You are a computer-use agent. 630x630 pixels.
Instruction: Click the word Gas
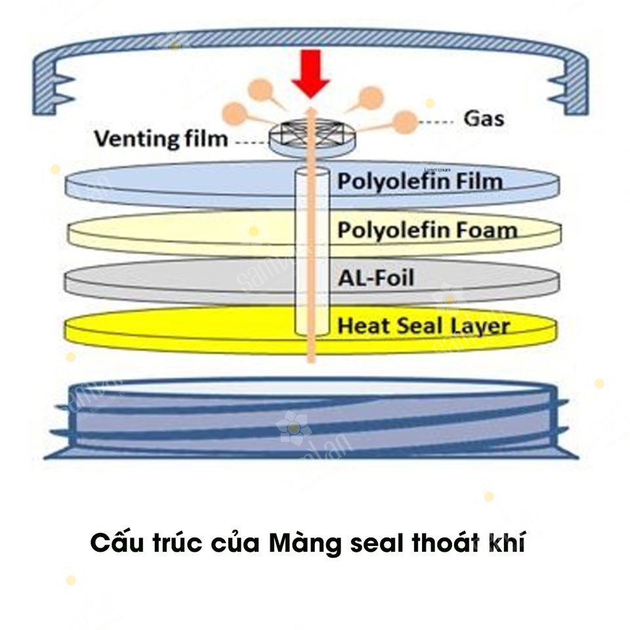click(x=484, y=119)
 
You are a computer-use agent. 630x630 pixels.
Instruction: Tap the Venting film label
click(x=160, y=138)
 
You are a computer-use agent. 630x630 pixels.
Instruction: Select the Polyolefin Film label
click(x=419, y=182)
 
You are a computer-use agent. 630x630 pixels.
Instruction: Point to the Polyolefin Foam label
click(x=427, y=230)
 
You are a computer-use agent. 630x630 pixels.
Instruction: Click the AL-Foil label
click(x=376, y=278)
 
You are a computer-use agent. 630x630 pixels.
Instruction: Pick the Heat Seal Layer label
click(x=423, y=325)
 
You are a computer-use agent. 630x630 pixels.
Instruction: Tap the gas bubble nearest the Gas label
click(x=406, y=121)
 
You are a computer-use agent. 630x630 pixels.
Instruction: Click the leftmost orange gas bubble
click(x=234, y=112)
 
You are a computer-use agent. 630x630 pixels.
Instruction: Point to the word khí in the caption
click(x=504, y=544)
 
